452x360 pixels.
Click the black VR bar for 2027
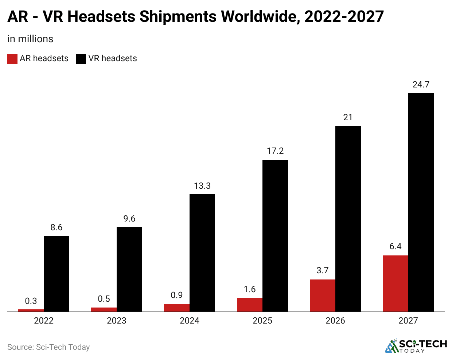point(421,202)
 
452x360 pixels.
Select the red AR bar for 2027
point(395,283)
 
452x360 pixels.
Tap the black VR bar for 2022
point(56,274)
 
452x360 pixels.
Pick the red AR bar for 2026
point(322,296)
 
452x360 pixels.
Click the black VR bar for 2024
point(202,253)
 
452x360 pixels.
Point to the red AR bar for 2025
point(249,305)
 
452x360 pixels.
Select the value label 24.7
point(421,85)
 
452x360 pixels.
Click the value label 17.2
point(275,151)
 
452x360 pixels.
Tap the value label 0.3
point(31,301)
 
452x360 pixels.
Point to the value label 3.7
point(322,270)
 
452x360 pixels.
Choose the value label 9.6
point(129,219)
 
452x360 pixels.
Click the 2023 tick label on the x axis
point(116,321)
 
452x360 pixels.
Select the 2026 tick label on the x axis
point(335,321)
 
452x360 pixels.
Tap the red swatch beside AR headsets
point(12,59)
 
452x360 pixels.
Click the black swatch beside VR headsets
point(81,59)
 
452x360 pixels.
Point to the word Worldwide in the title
point(261,16)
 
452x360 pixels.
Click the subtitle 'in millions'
point(30,39)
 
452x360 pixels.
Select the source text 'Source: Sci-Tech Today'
point(48,347)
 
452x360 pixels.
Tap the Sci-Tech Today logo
point(416,346)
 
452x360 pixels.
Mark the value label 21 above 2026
point(348,117)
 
